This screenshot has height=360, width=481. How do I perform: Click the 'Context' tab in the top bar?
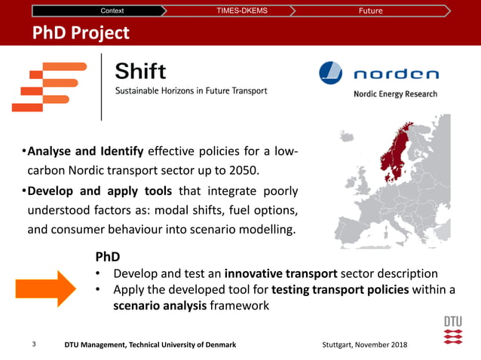pyautogui.click(x=112, y=11)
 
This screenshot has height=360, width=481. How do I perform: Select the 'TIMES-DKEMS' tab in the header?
pyautogui.click(x=241, y=11)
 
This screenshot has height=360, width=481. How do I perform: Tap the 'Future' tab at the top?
pyautogui.click(x=370, y=11)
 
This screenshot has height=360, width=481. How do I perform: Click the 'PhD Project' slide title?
pyautogui.click(x=81, y=33)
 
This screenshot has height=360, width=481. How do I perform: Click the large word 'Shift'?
pyautogui.click(x=141, y=72)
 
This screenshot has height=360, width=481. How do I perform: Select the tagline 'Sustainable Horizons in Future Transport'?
pyautogui.click(x=191, y=91)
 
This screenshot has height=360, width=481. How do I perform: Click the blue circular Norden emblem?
pyautogui.click(x=330, y=72)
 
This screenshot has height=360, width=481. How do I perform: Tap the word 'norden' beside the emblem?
pyautogui.click(x=397, y=74)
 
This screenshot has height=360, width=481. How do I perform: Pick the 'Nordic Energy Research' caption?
pyautogui.click(x=395, y=94)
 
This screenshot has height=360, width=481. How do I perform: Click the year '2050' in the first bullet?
pyautogui.click(x=241, y=170)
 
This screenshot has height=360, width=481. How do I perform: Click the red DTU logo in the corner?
pyautogui.click(x=452, y=330)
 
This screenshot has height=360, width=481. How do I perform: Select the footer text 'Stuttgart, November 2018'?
pyautogui.click(x=363, y=344)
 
